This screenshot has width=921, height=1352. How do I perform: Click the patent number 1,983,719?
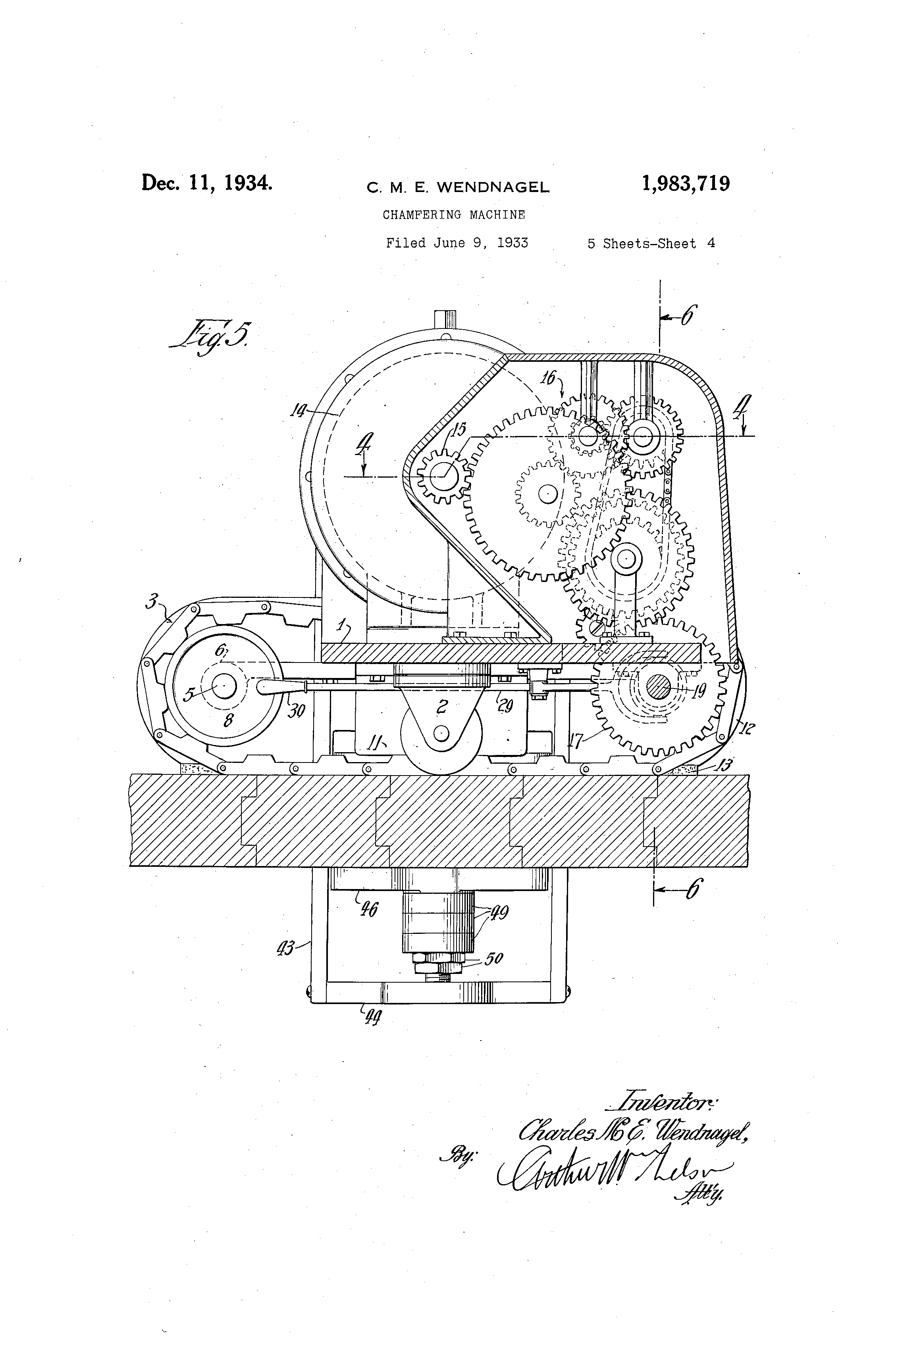[x=685, y=184]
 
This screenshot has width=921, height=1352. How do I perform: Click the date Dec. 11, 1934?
[x=207, y=182]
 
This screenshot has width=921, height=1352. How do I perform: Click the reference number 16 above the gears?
[x=548, y=378]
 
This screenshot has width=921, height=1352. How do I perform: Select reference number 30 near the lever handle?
[x=296, y=711]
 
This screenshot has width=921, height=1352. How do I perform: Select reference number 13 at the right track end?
[x=725, y=764]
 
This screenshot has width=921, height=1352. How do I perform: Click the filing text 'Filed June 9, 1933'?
[x=457, y=243]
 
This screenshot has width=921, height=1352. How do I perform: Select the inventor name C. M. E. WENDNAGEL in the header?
[x=458, y=187]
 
